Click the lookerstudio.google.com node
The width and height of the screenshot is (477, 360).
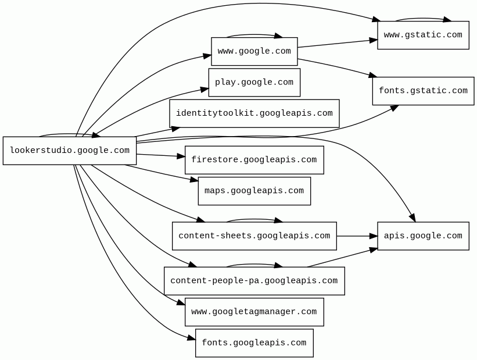click(70, 151)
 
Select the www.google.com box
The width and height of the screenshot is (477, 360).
click(254, 51)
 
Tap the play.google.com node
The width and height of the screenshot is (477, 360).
click(254, 83)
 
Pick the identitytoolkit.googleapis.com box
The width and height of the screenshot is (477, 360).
click(254, 113)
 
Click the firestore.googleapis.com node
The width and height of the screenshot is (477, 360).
click(254, 160)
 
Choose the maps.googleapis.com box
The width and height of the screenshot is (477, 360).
click(254, 191)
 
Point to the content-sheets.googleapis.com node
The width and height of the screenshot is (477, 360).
click(254, 236)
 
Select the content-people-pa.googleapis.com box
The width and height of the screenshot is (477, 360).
click(254, 281)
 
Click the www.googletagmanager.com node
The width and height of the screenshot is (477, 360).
click(254, 312)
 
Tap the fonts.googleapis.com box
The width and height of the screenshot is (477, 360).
click(254, 343)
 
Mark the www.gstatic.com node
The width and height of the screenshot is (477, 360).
click(423, 35)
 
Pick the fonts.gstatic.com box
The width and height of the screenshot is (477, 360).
click(423, 91)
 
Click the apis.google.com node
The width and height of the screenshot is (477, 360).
click(423, 236)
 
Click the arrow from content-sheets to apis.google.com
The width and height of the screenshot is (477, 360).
click(356, 236)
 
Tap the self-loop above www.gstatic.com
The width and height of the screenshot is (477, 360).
click(423, 19)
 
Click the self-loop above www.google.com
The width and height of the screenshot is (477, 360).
click(254, 35)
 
